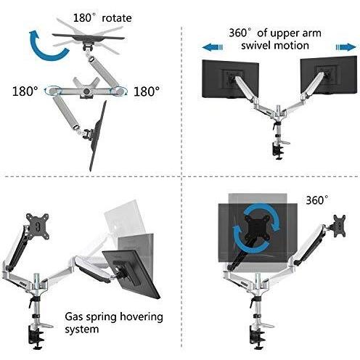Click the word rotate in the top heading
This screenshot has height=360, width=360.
[x=117, y=18]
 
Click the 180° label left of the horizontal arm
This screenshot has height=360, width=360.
[x=25, y=91]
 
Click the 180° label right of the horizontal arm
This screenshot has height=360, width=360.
[x=147, y=91]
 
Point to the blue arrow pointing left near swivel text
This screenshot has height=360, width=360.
[x=212, y=47]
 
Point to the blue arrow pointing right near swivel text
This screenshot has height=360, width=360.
[x=346, y=47]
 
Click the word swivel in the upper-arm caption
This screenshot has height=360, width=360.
[x=256, y=46]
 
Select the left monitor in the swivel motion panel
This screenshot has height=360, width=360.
[x=230, y=79]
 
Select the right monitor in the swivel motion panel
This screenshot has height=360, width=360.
[x=329, y=75]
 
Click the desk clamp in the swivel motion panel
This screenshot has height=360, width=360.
[x=279, y=150]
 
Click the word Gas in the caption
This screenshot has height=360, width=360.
[x=74, y=316]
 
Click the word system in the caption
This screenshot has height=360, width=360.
[x=82, y=330]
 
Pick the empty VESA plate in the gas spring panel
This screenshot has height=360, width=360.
[x=38, y=226]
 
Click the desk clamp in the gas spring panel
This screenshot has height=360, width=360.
[x=38, y=336]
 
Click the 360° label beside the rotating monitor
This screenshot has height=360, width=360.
[x=317, y=200]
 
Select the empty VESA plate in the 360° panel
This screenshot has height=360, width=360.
[x=339, y=226]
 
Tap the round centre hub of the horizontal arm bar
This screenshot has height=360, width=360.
[x=86, y=91]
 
